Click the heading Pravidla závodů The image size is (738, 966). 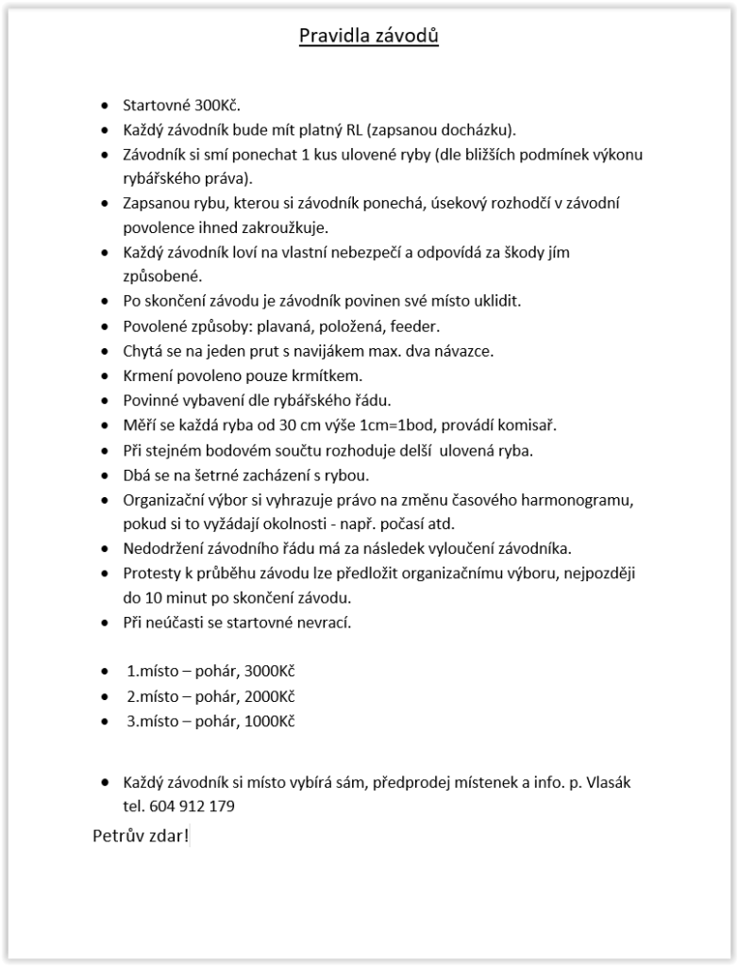pyautogui.click(x=369, y=37)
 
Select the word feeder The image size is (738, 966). pyautogui.click(x=415, y=326)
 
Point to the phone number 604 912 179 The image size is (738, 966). pyautogui.click(x=192, y=807)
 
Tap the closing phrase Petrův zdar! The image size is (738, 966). pyautogui.click(x=141, y=836)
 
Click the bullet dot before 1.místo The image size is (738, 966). pyautogui.click(x=104, y=672)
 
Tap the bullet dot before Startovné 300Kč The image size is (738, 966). pyautogui.click(x=104, y=106)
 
